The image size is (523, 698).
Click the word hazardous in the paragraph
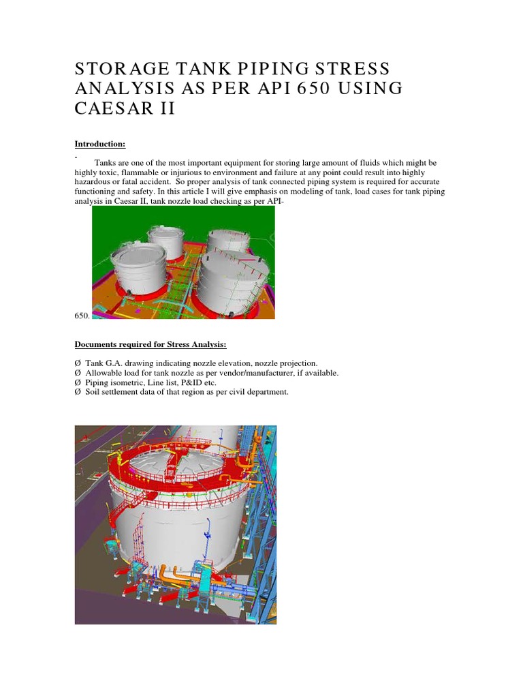coord(95,183)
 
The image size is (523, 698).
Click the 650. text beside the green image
coord(82,316)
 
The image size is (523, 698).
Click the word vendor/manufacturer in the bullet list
coord(250,373)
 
